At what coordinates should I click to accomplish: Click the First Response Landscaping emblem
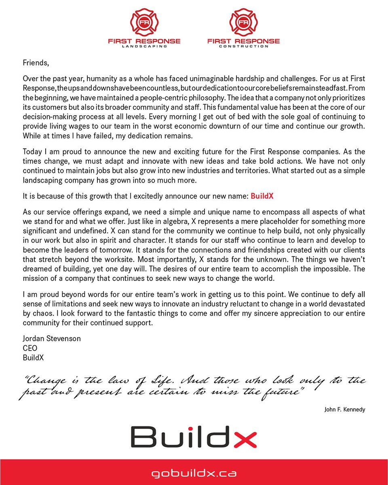pos(144,23)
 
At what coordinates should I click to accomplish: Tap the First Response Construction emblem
pos(243,23)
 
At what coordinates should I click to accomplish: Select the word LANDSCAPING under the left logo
pos(144,46)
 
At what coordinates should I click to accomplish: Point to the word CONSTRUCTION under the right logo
pos(243,46)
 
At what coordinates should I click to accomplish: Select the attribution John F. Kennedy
pos(344,409)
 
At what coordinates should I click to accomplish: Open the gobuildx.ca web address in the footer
pos(194,472)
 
